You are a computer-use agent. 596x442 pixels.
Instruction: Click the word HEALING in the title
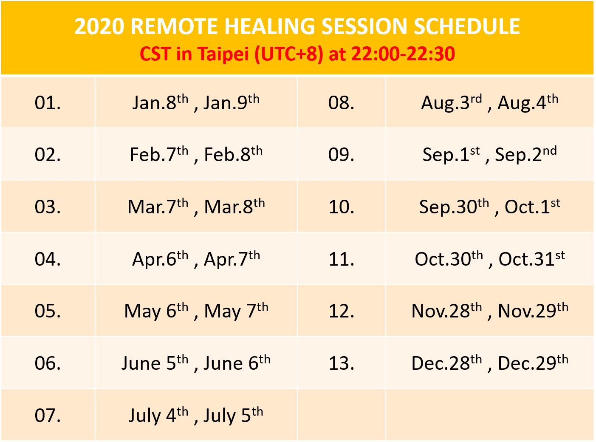269,26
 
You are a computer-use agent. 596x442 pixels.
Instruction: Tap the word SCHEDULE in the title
467,26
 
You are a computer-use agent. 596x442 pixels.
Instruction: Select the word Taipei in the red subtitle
223,54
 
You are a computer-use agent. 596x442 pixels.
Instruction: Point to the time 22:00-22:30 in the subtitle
403,54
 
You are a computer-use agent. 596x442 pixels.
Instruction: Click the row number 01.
48,103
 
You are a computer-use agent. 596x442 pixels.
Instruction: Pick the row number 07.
48,415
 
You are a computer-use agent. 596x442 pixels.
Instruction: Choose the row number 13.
342,363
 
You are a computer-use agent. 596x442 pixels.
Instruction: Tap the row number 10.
342,207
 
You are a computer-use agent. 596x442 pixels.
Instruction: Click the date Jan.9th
232,102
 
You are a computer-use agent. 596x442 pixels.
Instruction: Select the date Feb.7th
159,154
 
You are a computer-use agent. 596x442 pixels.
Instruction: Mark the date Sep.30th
454,207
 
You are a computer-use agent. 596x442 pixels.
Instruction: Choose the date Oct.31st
532,259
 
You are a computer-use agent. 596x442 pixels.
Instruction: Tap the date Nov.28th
446,311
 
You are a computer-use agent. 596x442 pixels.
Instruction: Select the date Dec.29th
533,363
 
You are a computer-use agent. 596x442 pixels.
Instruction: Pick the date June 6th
237,363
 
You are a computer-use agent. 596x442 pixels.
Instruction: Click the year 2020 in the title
99,26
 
